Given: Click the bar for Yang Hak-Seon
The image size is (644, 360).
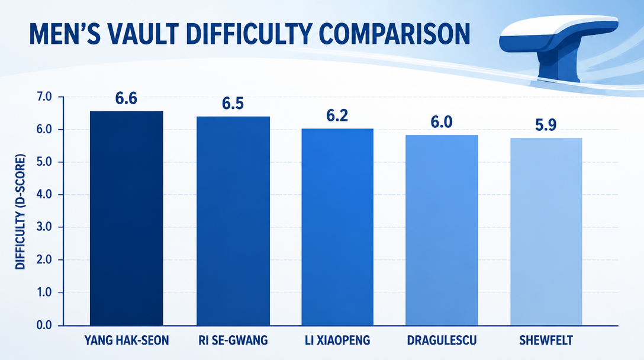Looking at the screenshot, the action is (127, 218).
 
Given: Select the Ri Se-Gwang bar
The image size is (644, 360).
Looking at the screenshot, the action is (233, 221).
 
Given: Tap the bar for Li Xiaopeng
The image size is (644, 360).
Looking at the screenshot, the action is (337, 227).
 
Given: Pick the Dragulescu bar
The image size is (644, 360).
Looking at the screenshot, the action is (442, 230).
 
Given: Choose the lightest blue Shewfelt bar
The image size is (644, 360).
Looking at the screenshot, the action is (546, 232).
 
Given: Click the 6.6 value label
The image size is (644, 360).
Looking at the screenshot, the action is (126, 99).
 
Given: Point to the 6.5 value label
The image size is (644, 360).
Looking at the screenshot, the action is (233, 104).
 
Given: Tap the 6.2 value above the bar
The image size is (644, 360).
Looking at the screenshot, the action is (337, 116).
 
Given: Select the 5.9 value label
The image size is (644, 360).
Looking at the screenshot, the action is (546, 125).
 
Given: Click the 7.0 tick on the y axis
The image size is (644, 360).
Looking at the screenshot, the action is (44, 97).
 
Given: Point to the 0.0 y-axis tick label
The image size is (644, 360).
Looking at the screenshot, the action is (44, 326).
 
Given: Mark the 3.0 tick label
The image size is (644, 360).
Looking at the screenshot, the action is (44, 227).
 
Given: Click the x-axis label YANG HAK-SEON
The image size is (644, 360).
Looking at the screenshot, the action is (127, 340).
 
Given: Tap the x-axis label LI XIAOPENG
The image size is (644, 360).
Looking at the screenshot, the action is (337, 340).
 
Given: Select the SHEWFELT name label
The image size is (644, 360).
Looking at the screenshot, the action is (546, 340).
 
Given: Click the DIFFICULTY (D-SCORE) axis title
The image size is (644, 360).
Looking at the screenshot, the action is (21, 211).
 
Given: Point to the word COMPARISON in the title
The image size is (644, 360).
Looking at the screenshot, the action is (394, 34).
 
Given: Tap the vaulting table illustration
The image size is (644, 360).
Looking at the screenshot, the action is (559, 47).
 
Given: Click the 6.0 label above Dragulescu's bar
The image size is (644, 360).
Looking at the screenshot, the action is (442, 122).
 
